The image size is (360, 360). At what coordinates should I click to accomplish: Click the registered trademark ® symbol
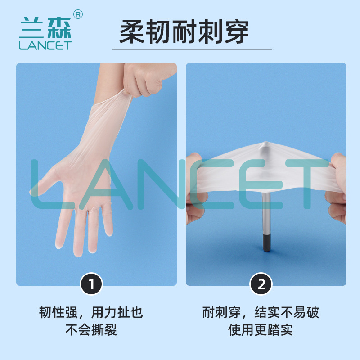(78, 15)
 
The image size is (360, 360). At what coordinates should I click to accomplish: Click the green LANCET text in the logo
(45, 45)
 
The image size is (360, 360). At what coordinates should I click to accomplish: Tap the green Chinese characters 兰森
(46, 27)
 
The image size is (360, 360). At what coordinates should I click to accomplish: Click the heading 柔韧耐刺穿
(184, 31)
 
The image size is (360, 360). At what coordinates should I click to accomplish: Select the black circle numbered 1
(91, 284)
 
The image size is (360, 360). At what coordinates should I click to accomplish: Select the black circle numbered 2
(261, 284)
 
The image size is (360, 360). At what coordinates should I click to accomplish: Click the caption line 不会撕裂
(91, 330)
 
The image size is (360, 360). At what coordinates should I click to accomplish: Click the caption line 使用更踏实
(261, 330)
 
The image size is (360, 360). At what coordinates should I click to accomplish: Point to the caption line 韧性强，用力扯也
(91, 312)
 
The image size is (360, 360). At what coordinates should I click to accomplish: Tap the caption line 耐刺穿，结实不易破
(261, 312)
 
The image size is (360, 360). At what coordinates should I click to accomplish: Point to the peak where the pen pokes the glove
(266, 143)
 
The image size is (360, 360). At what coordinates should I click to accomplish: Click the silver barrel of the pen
(266, 213)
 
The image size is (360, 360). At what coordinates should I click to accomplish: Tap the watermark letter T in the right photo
(307, 184)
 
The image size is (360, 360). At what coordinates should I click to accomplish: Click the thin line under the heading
(192, 49)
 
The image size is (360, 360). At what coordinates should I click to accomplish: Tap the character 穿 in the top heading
(237, 31)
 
